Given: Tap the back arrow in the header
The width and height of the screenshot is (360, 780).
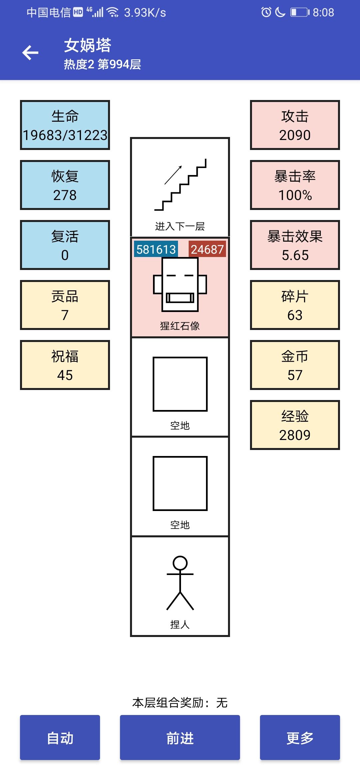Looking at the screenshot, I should (x=30, y=53).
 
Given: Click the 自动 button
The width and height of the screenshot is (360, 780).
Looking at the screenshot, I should (x=60, y=737).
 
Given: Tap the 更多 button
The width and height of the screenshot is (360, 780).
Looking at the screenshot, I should (x=300, y=737).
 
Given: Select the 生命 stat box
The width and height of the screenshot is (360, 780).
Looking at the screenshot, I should (x=65, y=125).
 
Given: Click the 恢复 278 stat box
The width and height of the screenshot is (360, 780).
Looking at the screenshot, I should (x=65, y=185).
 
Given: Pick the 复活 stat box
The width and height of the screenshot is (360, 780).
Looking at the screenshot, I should (x=65, y=245).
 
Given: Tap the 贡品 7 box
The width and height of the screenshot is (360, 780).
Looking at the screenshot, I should (x=65, y=305).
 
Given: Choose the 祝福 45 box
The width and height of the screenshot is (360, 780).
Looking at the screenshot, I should (x=65, y=365).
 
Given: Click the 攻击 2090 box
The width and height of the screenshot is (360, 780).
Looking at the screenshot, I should (x=295, y=125).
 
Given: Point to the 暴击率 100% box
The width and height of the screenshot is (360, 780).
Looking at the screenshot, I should (x=295, y=185).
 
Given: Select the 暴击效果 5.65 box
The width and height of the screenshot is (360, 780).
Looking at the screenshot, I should (x=295, y=245).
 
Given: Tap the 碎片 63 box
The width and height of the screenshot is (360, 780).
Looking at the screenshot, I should (x=295, y=305).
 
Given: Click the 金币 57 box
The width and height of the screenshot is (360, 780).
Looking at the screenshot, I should (x=295, y=365).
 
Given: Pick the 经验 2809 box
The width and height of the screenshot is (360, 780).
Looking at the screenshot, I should (x=295, y=425).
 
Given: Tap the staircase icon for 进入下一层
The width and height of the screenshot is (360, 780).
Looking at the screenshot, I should (x=180, y=185).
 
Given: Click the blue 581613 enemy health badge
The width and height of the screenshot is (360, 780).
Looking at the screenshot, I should (x=156, y=249).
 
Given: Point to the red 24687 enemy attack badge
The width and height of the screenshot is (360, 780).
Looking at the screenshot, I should (x=207, y=249).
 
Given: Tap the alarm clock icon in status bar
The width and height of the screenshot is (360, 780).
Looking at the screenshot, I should (x=266, y=12).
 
